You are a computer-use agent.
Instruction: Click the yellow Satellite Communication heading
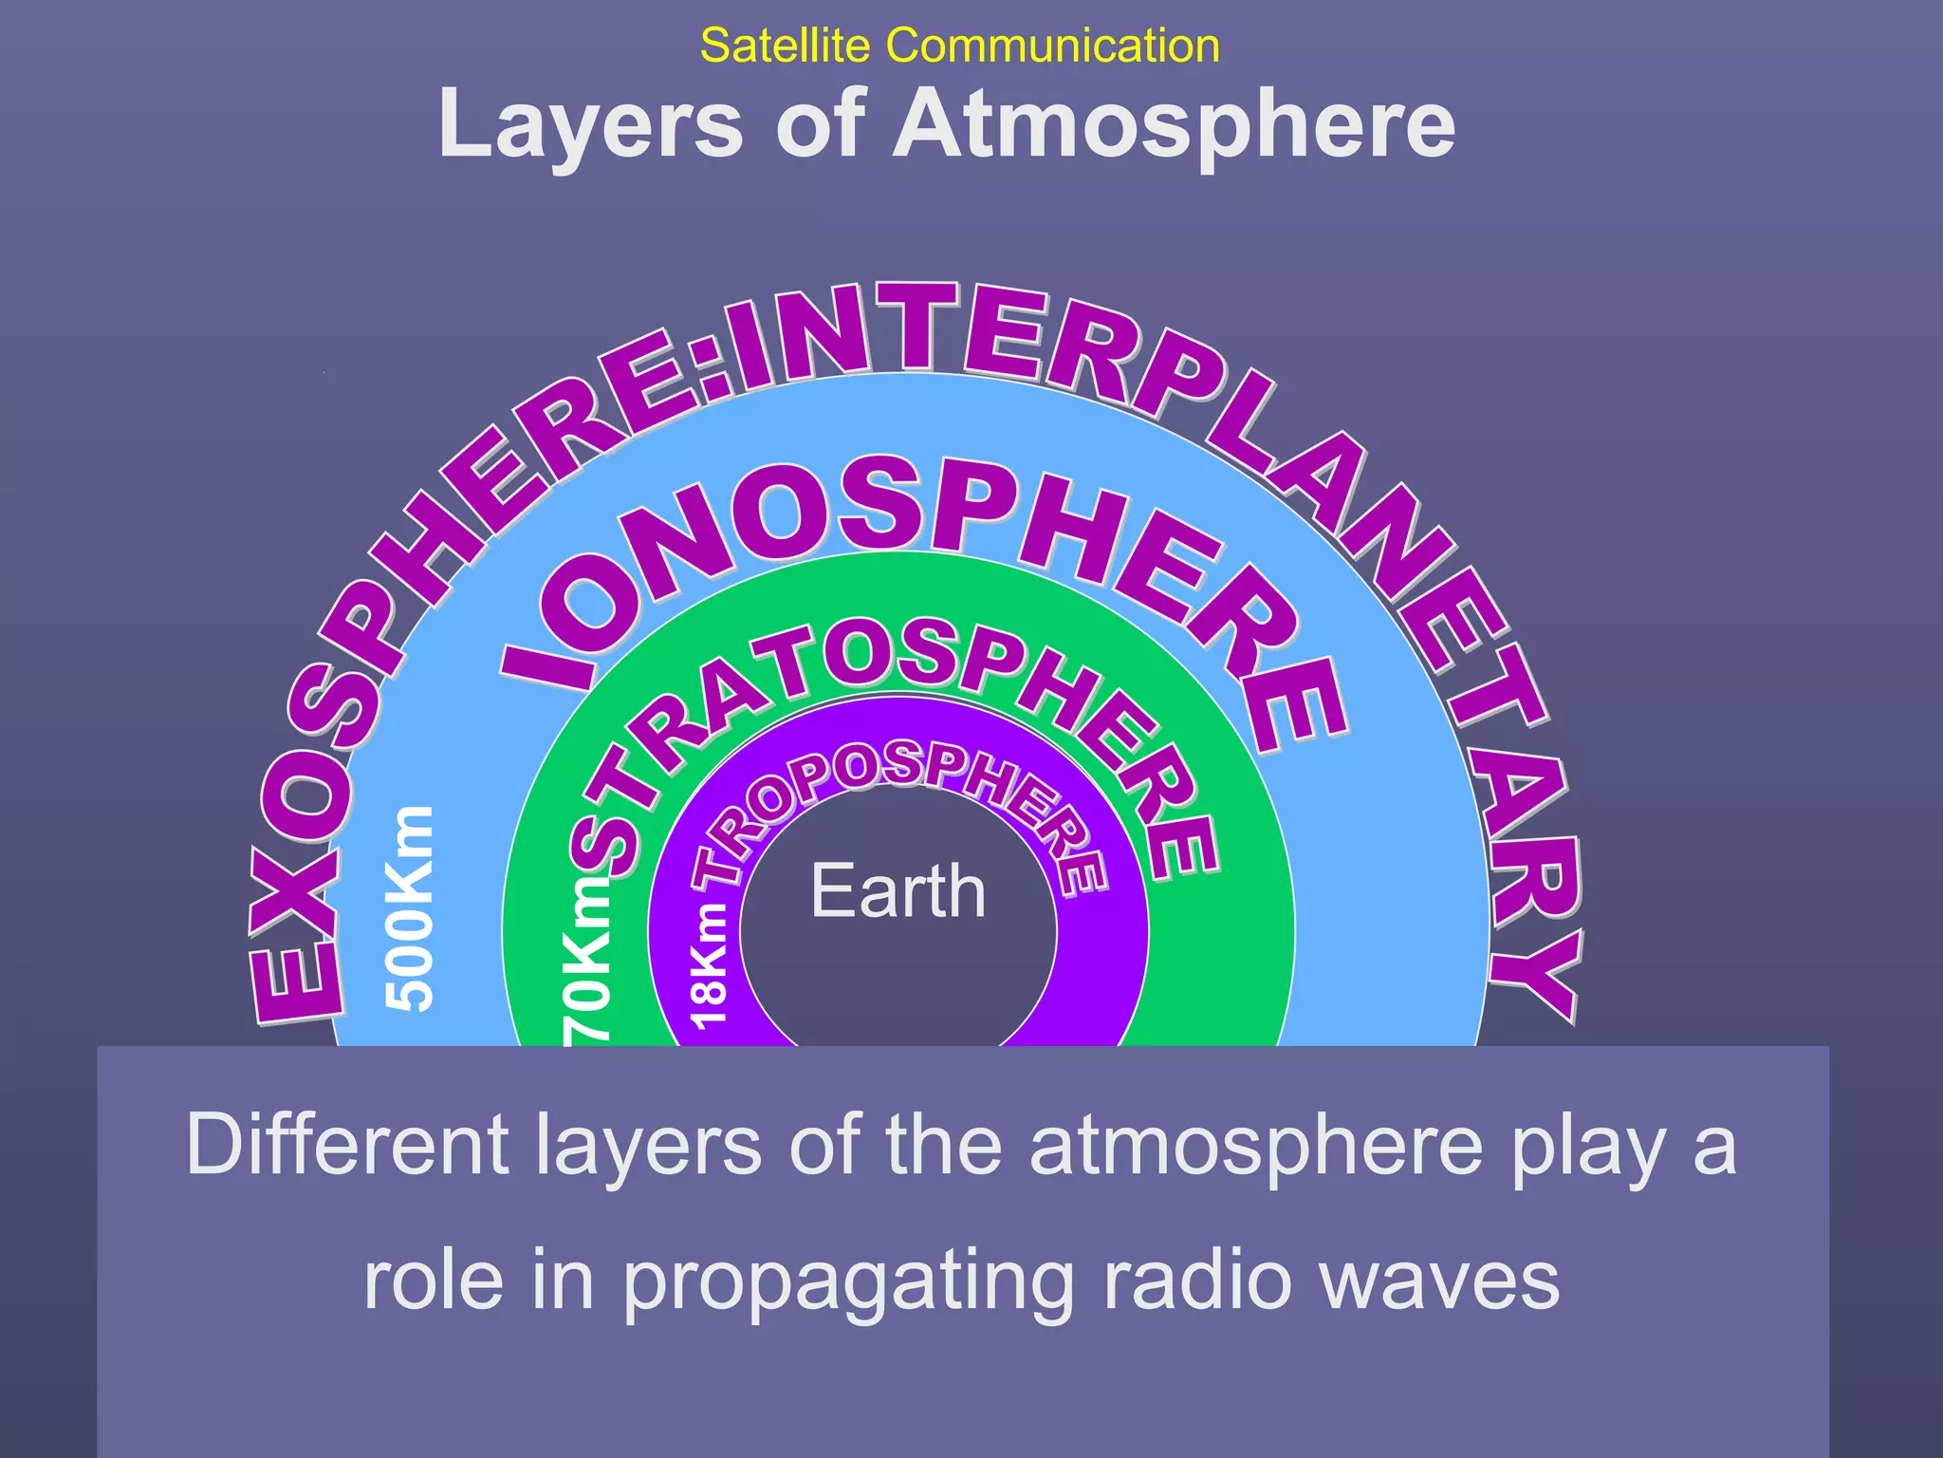[x=959, y=46]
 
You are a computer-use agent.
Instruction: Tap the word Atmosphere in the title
[x=1175, y=124]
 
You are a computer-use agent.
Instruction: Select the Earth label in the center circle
[x=897, y=891]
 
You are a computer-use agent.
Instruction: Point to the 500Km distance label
[x=411, y=908]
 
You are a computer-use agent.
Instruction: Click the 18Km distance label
[x=709, y=966]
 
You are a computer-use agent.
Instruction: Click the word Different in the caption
[x=348, y=1144]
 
